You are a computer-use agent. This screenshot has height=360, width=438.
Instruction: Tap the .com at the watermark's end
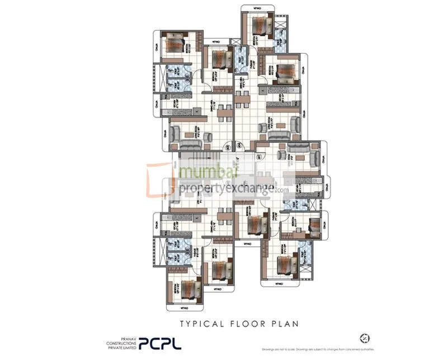pyautogui.click(x=281, y=190)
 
